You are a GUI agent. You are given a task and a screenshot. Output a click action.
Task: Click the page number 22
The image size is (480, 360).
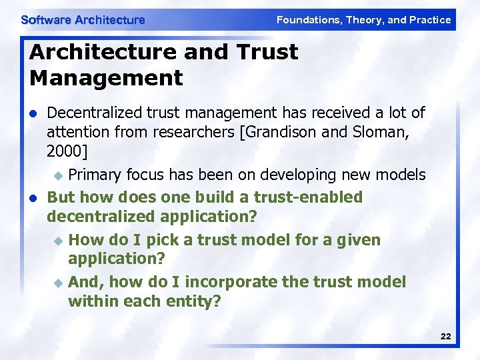445,337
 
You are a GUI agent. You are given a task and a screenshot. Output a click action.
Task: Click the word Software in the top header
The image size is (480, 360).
46,20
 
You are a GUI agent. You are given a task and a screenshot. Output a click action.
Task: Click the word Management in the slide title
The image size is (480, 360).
106,77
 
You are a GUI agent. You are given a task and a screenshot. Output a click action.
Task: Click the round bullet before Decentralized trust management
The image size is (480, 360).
32,113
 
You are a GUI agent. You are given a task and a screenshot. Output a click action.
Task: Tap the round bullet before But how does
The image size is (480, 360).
32,197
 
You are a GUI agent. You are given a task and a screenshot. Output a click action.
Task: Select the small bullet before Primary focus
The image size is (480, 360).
57,175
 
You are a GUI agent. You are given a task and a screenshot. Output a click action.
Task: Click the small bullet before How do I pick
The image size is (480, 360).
57,240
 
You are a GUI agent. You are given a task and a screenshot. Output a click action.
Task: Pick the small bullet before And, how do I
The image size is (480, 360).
57,283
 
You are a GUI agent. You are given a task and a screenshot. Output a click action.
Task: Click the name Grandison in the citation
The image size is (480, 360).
281,132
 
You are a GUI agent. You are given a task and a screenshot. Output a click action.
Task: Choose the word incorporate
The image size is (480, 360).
222,282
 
